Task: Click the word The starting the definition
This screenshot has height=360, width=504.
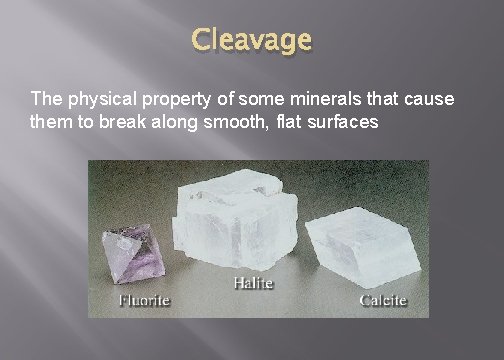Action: (46, 100)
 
